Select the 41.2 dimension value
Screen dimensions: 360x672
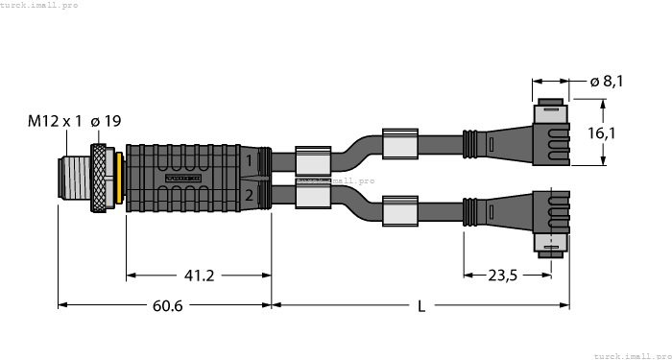click(199, 276)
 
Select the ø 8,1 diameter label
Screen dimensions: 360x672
click(607, 83)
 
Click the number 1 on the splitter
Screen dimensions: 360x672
click(249, 160)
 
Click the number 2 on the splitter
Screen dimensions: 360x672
click(249, 196)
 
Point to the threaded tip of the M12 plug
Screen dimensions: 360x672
click(75, 178)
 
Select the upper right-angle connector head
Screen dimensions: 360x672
click(548, 134)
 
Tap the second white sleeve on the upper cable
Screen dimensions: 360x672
click(399, 143)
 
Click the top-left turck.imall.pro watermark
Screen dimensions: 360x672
click(39, 5)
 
